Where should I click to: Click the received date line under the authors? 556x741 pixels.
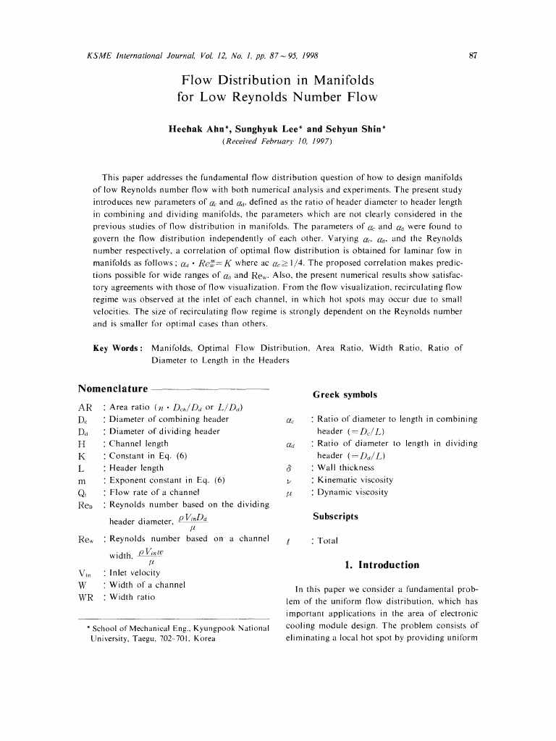pyautogui.click(x=277, y=143)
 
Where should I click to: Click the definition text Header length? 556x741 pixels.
pyautogui.click(x=136, y=467)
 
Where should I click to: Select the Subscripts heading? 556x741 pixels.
pyautogui.click(x=335, y=517)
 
